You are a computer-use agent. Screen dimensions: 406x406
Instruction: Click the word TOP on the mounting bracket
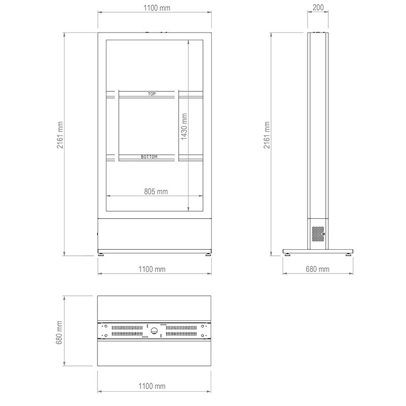(x=151, y=94)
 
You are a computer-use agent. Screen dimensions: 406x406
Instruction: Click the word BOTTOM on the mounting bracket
(x=149, y=157)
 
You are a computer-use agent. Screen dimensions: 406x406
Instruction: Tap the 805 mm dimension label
(x=156, y=191)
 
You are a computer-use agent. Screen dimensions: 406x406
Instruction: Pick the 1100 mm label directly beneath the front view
(x=152, y=269)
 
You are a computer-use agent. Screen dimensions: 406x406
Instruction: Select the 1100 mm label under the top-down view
(x=152, y=386)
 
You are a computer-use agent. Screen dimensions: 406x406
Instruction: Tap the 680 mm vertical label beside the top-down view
(x=60, y=330)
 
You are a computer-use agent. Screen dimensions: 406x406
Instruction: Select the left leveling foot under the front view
(x=101, y=254)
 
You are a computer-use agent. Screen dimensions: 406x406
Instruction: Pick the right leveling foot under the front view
(x=208, y=254)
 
